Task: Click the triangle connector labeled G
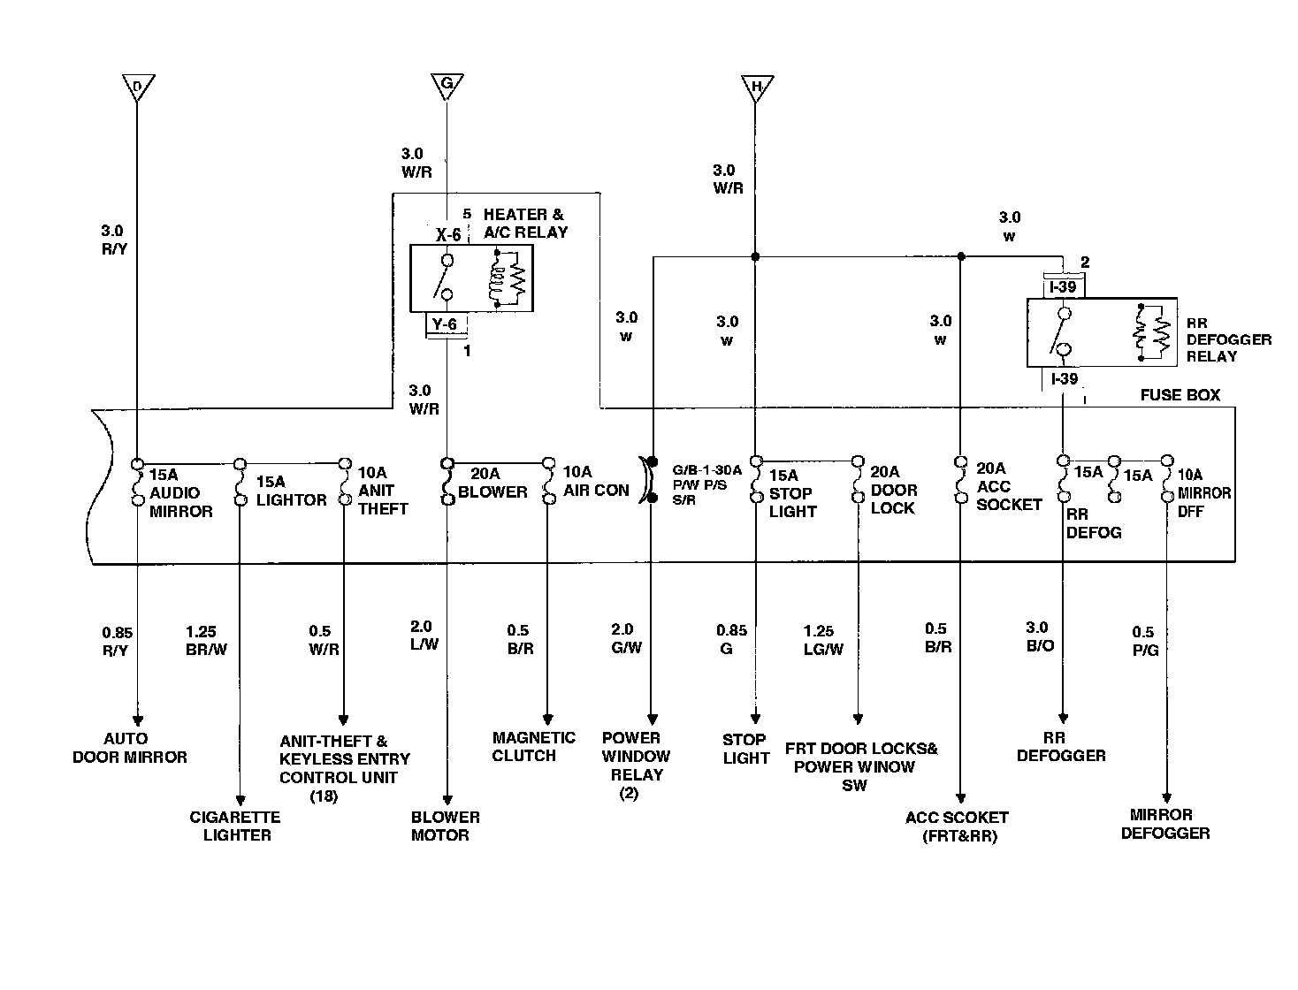point(447,87)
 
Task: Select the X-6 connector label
point(448,234)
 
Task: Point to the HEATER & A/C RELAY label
point(524,223)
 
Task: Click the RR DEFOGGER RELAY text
point(1228,339)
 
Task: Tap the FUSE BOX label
point(1180,394)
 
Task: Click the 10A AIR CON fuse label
point(596,481)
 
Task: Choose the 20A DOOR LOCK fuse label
point(894,490)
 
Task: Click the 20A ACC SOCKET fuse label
point(1009,486)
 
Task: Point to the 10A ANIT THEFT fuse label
point(383,490)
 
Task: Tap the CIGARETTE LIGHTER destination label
point(235,826)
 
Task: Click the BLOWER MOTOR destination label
point(445,826)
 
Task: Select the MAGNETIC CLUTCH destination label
point(533,746)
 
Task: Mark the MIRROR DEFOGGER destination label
point(1164,824)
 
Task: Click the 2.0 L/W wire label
point(424,636)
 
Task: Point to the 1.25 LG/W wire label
point(822,640)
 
